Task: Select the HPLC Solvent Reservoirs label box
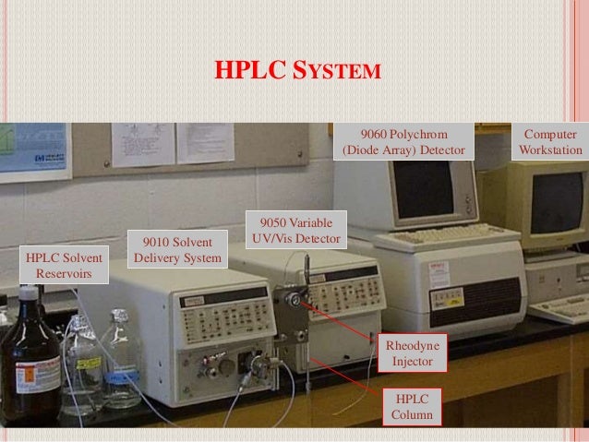point(60,265)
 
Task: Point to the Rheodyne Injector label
point(412,353)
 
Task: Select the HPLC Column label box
point(412,406)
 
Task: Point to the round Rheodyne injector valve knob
point(293,301)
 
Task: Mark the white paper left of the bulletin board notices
point(142,143)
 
